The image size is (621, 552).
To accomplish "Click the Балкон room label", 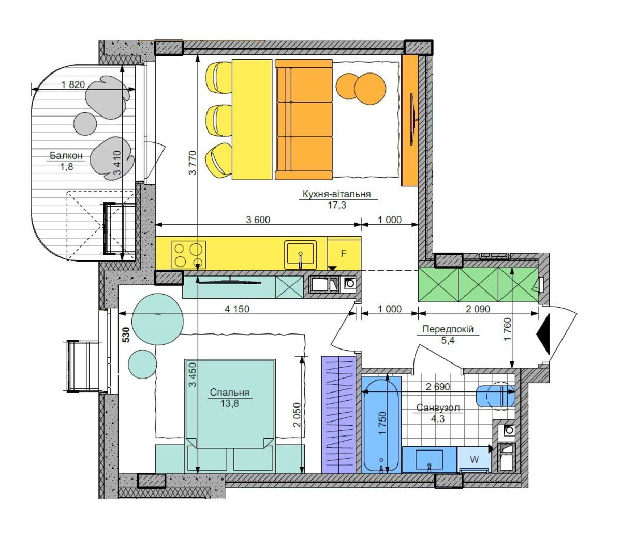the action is [x=66, y=155].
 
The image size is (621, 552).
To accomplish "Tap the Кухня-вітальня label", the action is [x=336, y=194].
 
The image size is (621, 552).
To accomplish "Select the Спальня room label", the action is [x=229, y=392].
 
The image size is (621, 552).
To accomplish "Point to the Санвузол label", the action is [x=438, y=408].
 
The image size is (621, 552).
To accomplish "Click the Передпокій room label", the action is [x=448, y=329].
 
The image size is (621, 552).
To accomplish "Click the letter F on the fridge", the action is [x=344, y=253].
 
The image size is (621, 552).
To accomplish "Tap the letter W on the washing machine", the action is [x=474, y=459].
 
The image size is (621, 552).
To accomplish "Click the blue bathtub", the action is [x=381, y=424].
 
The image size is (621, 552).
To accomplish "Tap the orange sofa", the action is [x=304, y=119].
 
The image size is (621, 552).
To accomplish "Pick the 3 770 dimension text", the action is [x=192, y=163].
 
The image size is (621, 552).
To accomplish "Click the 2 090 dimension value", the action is [x=478, y=309].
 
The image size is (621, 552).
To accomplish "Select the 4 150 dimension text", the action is [x=237, y=309].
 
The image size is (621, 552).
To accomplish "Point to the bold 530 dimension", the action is [x=126, y=335].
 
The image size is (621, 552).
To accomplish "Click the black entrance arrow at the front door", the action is [x=543, y=334].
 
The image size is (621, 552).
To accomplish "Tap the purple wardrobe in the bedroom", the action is [x=338, y=414].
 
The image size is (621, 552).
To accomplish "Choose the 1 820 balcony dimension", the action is [x=73, y=84].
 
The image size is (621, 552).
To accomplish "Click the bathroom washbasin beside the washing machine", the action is [x=430, y=459].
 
